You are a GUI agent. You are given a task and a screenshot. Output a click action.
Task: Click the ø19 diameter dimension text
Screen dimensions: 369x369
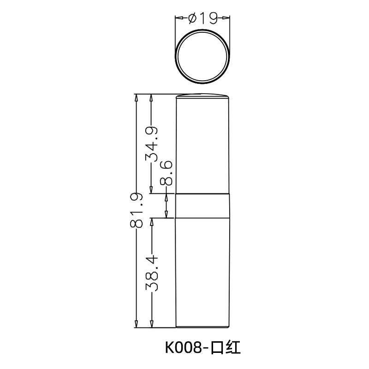click(x=203, y=18)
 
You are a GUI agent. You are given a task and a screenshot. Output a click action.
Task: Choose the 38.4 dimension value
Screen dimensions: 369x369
click(x=152, y=272)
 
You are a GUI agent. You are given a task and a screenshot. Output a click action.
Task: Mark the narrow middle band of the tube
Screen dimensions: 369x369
click(x=203, y=205)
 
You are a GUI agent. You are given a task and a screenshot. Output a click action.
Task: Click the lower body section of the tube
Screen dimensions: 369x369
click(x=203, y=272)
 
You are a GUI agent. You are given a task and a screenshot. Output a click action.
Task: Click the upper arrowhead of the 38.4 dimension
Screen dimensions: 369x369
click(x=152, y=221)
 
